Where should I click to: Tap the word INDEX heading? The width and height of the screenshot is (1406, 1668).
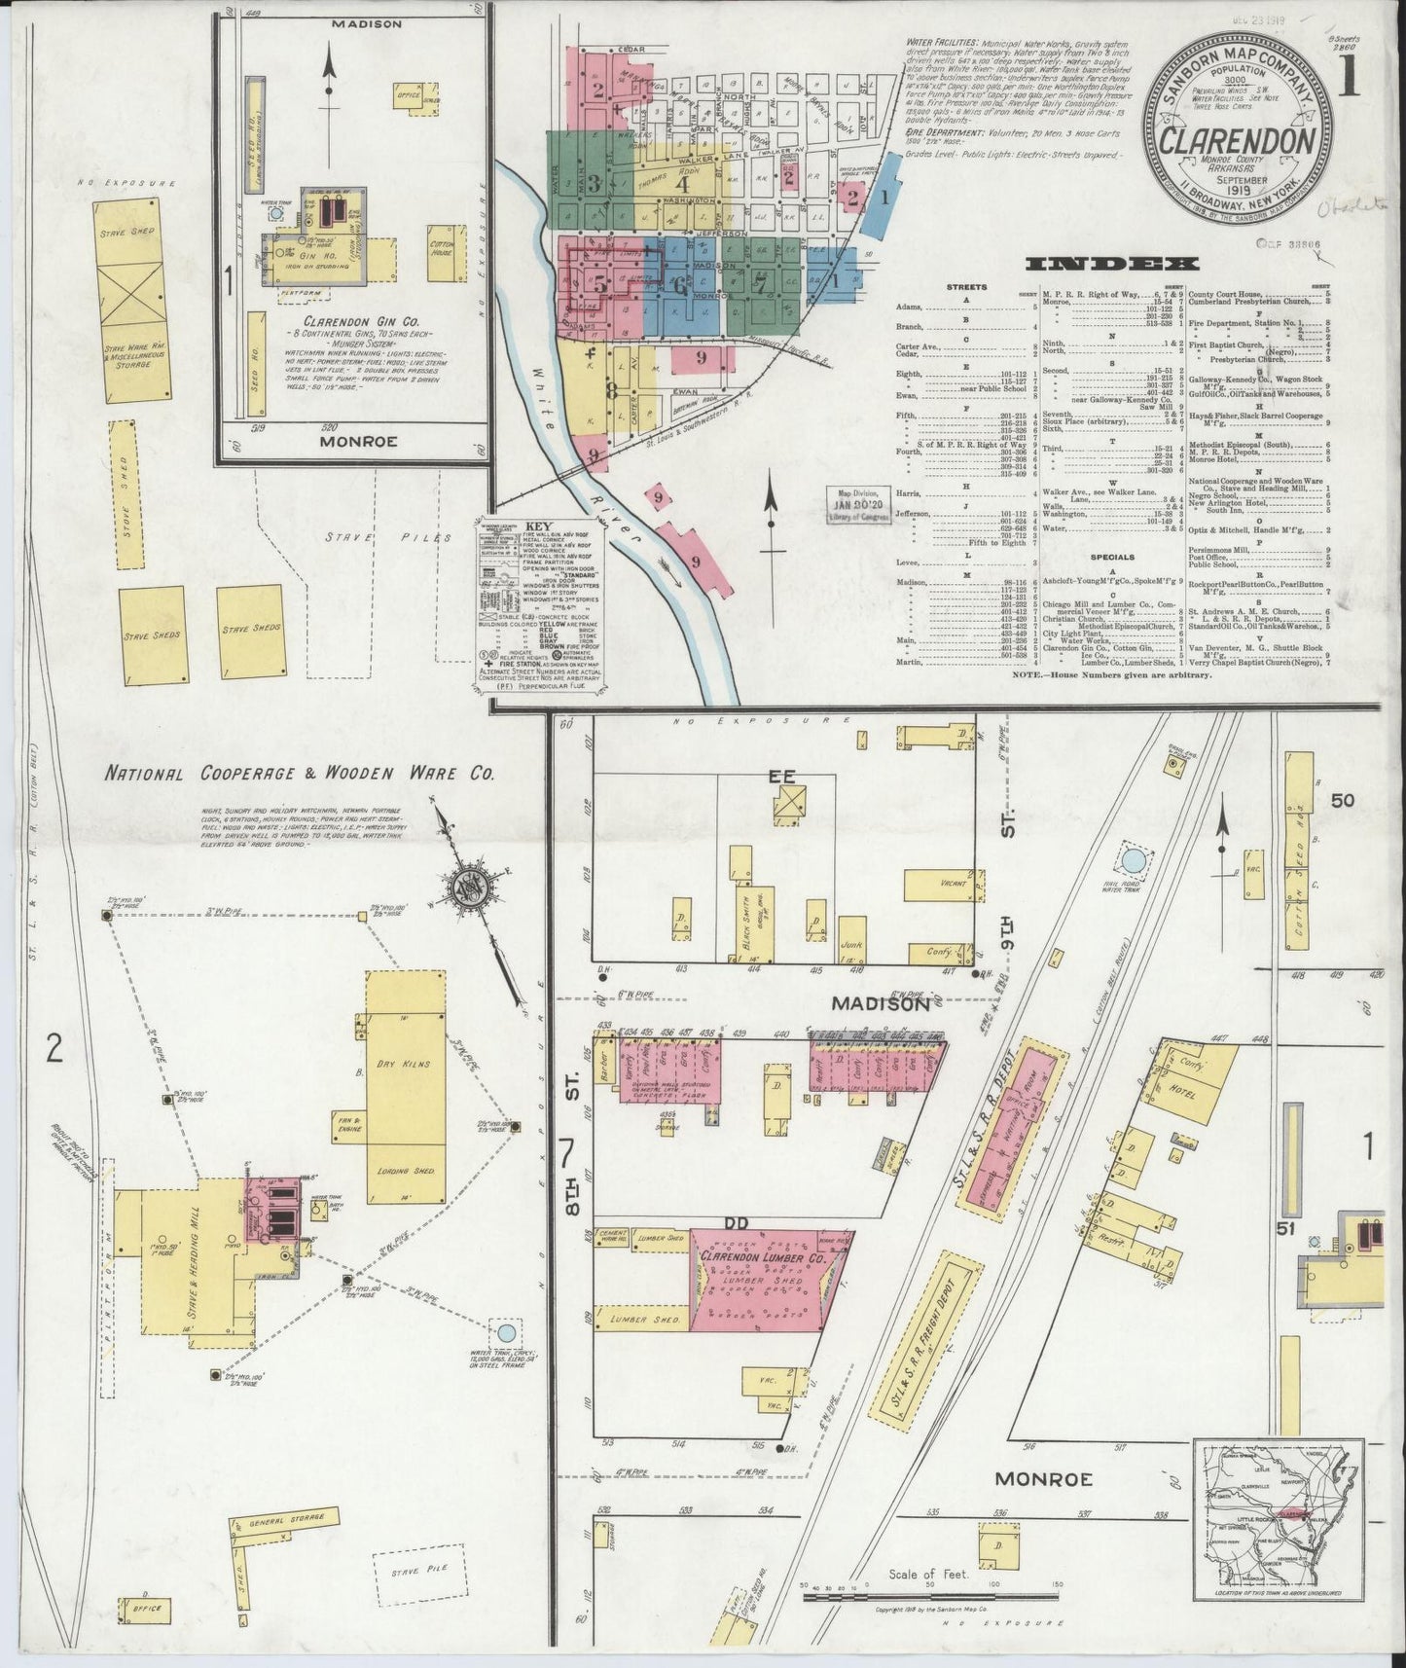(1113, 264)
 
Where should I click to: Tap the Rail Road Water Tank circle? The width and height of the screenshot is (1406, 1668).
(1133, 860)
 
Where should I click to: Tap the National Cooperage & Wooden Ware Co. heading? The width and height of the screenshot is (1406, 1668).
(301, 775)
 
